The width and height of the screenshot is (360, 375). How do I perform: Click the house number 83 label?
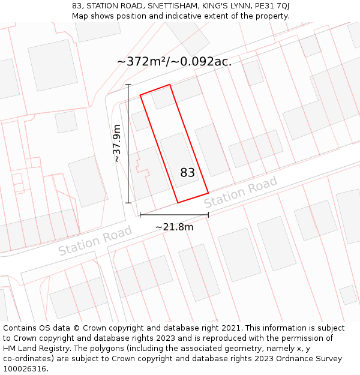(x=187, y=173)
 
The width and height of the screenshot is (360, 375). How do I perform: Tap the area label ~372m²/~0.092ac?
(x=174, y=62)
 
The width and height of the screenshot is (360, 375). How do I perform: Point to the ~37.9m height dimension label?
(x=117, y=143)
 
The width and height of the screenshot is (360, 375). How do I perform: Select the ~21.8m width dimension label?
(x=174, y=227)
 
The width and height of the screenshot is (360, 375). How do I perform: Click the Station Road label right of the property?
(x=241, y=192)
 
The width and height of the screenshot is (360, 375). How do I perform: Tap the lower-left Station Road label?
(x=95, y=241)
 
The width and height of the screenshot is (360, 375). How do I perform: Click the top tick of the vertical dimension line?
(x=128, y=85)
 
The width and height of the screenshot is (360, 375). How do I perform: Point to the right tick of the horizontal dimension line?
(x=208, y=214)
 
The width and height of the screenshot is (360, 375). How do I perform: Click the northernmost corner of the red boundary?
(x=170, y=85)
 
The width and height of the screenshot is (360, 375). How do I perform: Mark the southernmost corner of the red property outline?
(x=178, y=203)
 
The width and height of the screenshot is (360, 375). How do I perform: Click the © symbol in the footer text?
(x=76, y=328)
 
